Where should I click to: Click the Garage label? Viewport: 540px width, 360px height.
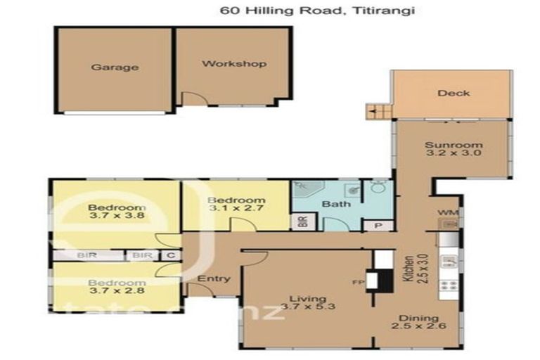(x=114, y=67)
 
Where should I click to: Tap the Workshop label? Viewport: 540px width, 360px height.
(x=234, y=64)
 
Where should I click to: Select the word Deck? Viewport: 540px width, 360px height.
(x=453, y=93)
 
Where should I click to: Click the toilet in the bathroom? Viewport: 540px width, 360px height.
(x=378, y=188)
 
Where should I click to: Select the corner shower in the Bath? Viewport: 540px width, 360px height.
(x=308, y=188)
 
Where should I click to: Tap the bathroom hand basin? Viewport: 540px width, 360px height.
(x=352, y=189)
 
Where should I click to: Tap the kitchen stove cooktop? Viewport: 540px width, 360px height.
(x=448, y=286)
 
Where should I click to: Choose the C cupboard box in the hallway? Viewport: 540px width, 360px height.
(x=169, y=255)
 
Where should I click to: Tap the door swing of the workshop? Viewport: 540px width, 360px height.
(x=191, y=99)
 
